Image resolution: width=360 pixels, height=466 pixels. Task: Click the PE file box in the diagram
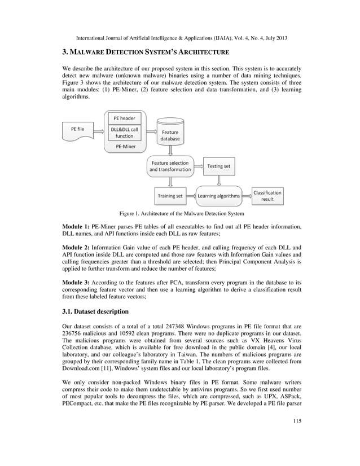78,129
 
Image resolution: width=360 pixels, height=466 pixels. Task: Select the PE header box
124,118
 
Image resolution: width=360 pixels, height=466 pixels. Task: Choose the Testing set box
218,166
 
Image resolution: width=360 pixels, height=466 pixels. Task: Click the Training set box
170,196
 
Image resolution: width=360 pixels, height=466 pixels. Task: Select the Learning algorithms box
218,196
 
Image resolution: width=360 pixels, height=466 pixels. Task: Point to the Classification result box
267,196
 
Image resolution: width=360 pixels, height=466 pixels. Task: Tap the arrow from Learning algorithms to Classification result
247,196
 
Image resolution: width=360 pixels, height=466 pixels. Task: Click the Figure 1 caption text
181,214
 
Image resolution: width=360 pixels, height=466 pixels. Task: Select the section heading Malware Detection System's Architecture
146,52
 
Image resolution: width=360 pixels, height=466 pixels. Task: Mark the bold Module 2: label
76,248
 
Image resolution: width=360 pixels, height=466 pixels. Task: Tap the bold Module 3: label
76,284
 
